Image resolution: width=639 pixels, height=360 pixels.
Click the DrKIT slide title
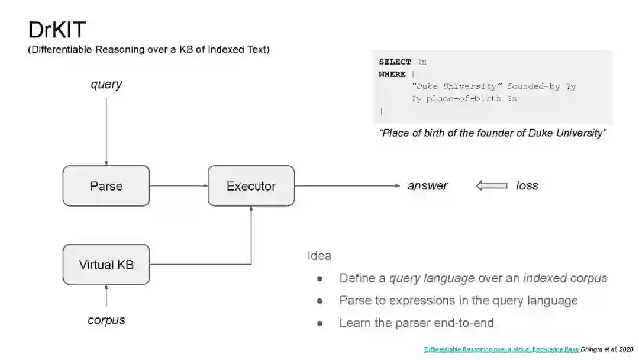(x=57, y=30)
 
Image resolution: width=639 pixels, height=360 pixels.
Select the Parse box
(x=106, y=186)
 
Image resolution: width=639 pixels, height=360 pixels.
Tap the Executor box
(x=251, y=186)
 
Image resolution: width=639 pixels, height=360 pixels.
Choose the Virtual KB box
(x=106, y=265)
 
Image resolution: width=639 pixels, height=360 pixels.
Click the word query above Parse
(x=106, y=84)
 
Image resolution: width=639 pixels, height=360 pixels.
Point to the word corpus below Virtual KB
(x=106, y=320)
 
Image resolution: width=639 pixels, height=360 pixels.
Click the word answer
(x=427, y=186)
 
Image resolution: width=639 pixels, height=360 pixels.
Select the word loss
(x=527, y=186)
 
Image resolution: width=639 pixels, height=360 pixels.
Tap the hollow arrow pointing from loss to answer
(x=492, y=186)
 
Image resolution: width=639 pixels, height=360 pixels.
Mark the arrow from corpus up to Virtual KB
(x=106, y=295)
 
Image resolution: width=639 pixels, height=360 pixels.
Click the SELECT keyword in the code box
(x=395, y=62)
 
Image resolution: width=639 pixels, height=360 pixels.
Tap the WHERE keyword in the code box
(x=392, y=74)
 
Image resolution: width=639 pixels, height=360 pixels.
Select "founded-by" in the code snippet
(x=533, y=86)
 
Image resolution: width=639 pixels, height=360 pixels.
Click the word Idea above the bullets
(x=319, y=256)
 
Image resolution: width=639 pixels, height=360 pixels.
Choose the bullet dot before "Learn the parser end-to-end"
(x=319, y=323)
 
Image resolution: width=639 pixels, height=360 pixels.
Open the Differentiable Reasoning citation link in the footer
(x=501, y=349)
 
